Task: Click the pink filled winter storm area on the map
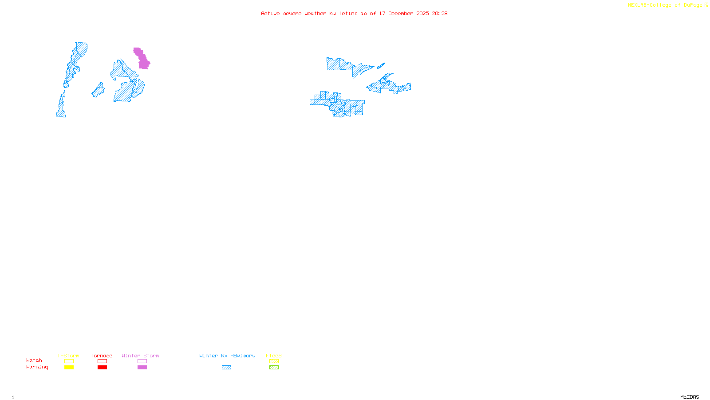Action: pyautogui.click(x=142, y=59)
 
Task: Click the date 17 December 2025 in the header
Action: pyautogui.click(x=404, y=13)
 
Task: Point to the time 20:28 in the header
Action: pyautogui.click(x=440, y=13)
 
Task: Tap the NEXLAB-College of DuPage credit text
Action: pyautogui.click(x=665, y=5)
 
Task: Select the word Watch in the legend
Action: pyautogui.click(x=34, y=360)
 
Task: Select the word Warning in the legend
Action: pyautogui.click(x=37, y=367)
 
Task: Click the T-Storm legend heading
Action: pyautogui.click(x=68, y=356)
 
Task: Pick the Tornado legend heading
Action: pyautogui.click(x=102, y=356)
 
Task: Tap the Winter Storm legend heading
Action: pyautogui.click(x=140, y=356)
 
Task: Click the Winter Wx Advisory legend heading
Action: pyautogui.click(x=227, y=356)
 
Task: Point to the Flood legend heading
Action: pyautogui.click(x=274, y=356)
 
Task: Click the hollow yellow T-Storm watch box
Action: pyautogui.click(x=69, y=361)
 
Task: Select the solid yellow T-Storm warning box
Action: pyautogui.click(x=69, y=368)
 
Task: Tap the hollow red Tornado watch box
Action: pyautogui.click(x=102, y=361)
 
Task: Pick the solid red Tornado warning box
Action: pyautogui.click(x=102, y=368)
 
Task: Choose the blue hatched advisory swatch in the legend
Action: pyautogui.click(x=226, y=368)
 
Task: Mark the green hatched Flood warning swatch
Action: pyautogui.click(x=274, y=368)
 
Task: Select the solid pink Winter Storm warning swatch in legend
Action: pyautogui.click(x=142, y=368)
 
